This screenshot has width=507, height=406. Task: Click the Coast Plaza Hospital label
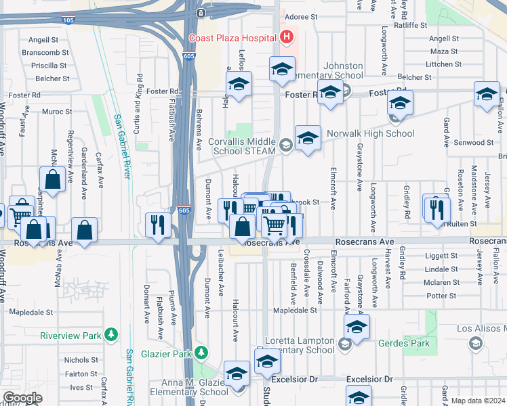coord(234,37)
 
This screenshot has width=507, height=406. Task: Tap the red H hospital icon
coord(287,37)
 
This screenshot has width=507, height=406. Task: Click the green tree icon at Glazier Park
coord(201,353)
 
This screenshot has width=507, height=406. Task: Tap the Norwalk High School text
coord(371,133)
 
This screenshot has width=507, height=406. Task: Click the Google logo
coord(23,398)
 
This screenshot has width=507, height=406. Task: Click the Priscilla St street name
coord(49,66)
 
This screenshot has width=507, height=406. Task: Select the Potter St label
coord(442,296)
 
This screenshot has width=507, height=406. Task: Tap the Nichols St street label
coord(81,360)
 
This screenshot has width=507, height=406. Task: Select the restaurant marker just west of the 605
coord(157,225)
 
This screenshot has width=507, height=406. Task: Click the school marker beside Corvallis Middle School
coord(308,139)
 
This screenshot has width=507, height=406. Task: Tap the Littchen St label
coord(443,64)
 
